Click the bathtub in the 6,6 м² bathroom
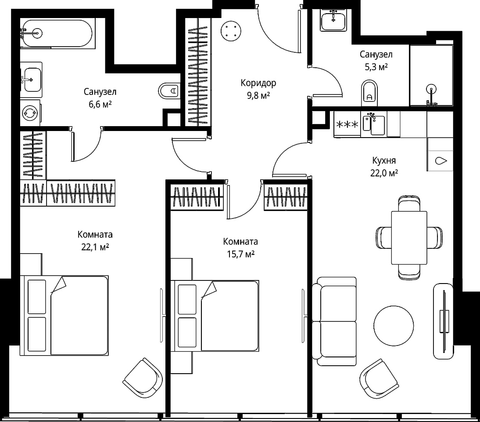click(56, 33)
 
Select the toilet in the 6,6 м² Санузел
click(168, 91)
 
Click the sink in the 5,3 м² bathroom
click(333, 20)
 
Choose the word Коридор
click(258, 83)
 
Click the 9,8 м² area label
click(258, 96)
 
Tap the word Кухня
click(384, 160)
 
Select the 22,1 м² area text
click(95, 247)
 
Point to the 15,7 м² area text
click(240, 254)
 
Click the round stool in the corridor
click(231, 31)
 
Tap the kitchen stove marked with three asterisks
click(347, 124)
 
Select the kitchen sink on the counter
click(374, 124)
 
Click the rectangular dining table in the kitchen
click(409, 238)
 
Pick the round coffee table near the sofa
click(394, 325)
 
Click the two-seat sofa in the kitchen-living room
click(334, 321)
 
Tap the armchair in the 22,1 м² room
click(143, 378)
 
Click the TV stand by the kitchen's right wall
click(443, 321)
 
